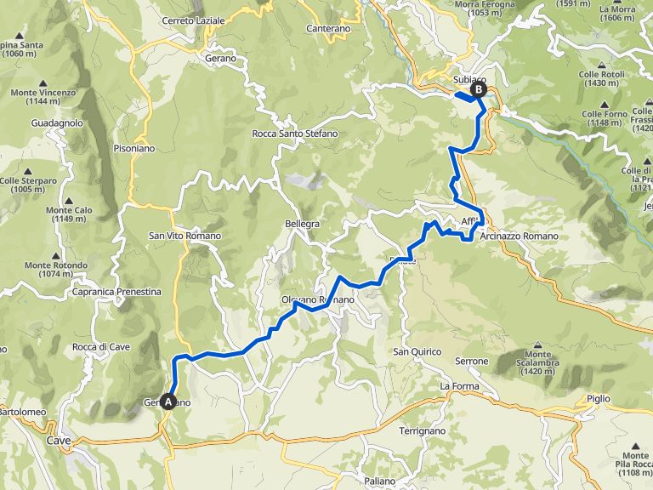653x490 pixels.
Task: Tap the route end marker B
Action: point(479,88)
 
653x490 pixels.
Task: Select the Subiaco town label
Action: point(463,80)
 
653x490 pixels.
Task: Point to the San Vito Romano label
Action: point(185,236)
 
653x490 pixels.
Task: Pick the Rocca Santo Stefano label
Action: point(295,134)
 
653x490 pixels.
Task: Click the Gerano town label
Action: point(219,58)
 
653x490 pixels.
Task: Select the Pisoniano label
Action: point(133,147)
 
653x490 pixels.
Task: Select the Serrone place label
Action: point(472,361)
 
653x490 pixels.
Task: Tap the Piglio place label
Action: point(599,398)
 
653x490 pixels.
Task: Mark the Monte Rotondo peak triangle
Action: point(56,254)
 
